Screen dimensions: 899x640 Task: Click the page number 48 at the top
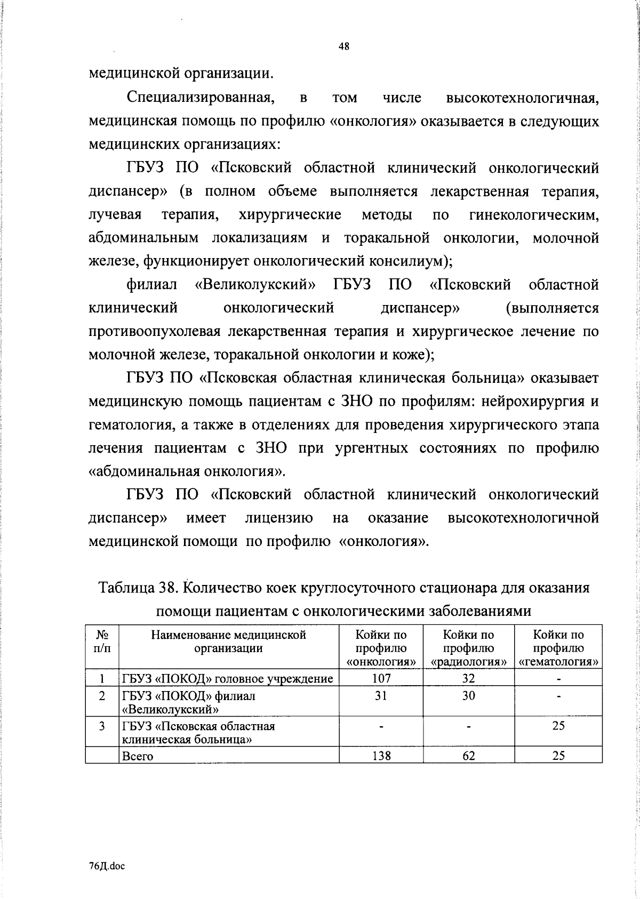344,46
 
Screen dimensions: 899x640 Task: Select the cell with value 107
381,678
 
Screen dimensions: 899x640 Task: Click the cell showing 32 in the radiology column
468,678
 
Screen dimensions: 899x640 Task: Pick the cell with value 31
381,695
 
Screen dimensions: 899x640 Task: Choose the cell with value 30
468,695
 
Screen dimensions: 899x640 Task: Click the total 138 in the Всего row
381,756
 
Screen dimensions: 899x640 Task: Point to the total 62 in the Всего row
468,756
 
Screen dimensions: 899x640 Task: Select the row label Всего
138,756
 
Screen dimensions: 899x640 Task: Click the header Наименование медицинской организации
228,641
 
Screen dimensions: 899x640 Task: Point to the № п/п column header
102,641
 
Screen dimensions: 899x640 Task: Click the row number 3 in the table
102,726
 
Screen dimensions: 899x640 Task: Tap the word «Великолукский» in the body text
254,285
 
